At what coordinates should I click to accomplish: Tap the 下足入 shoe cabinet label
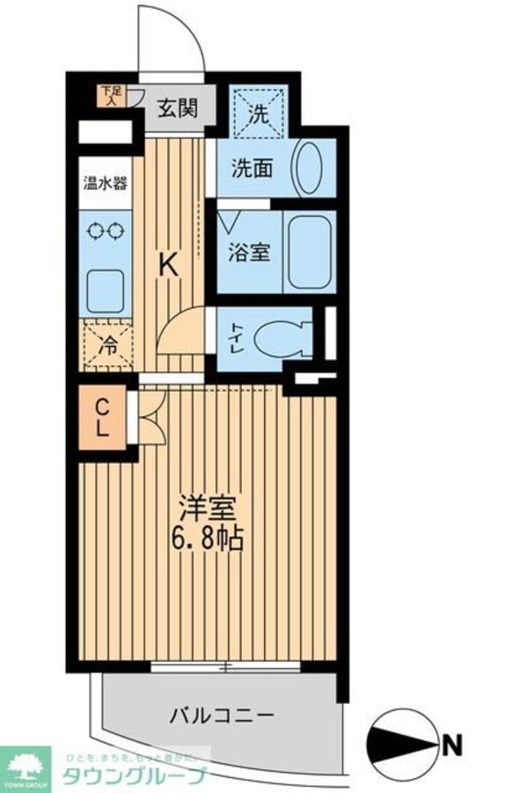tap(110, 92)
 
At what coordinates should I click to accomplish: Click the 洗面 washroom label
tap(251, 168)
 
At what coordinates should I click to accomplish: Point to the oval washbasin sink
tap(310, 167)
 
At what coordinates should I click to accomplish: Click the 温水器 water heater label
tap(105, 185)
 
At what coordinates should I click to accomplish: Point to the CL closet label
tap(102, 418)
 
